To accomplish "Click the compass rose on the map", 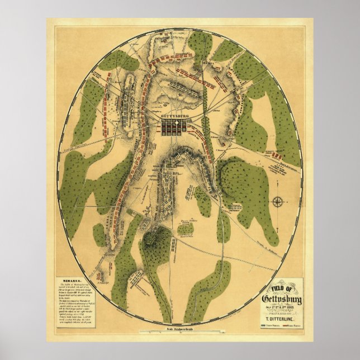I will coord(277,201).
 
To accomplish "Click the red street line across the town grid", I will coord(175,127).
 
